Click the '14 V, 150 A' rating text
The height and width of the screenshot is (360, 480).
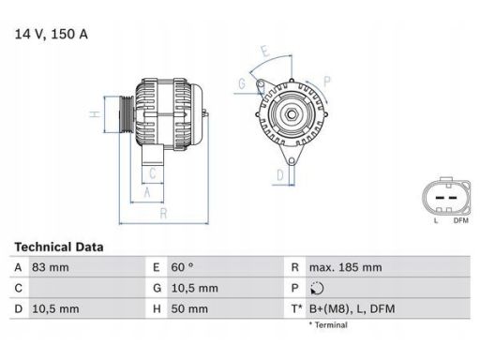pos(52,35)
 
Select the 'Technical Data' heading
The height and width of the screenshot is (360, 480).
pos(58,247)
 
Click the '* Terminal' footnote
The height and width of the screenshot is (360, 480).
pos(327,325)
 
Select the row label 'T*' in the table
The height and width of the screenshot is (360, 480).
pos(298,307)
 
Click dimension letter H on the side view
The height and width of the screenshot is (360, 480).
pos(94,115)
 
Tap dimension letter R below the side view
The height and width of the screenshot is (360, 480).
pos(165,215)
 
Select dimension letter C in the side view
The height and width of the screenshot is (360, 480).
pos(153,173)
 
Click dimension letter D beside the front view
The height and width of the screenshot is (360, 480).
pos(279,174)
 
